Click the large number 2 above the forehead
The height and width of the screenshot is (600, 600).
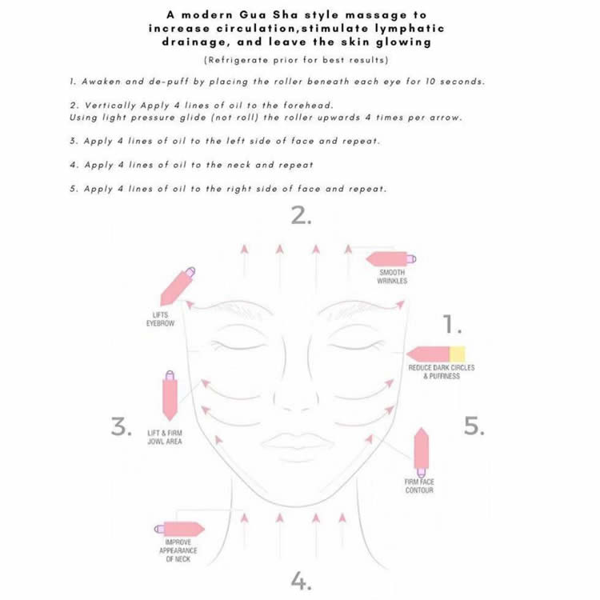pyautogui.click(x=300, y=216)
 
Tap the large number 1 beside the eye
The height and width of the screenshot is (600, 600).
pyautogui.click(x=453, y=324)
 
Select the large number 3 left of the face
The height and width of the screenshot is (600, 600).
pyautogui.click(x=121, y=427)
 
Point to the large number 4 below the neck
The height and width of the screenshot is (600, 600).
pyautogui.click(x=300, y=580)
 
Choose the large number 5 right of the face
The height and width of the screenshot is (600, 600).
pyautogui.click(x=474, y=426)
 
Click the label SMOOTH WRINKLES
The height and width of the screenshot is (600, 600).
pyautogui.click(x=392, y=277)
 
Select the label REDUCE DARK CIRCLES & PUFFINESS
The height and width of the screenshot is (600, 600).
pyautogui.click(x=441, y=371)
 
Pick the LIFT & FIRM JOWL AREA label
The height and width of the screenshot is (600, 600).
pyautogui.click(x=164, y=437)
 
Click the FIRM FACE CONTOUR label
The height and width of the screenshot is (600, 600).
pyautogui.click(x=419, y=486)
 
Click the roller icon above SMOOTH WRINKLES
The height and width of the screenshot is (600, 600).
pyautogui.click(x=391, y=259)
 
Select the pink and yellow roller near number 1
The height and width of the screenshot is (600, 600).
pyautogui.click(x=436, y=354)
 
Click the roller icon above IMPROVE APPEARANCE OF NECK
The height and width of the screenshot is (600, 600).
pyautogui.click(x=179, y=529)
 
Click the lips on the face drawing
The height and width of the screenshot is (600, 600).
pyautogui.click(x=300, y=439)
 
